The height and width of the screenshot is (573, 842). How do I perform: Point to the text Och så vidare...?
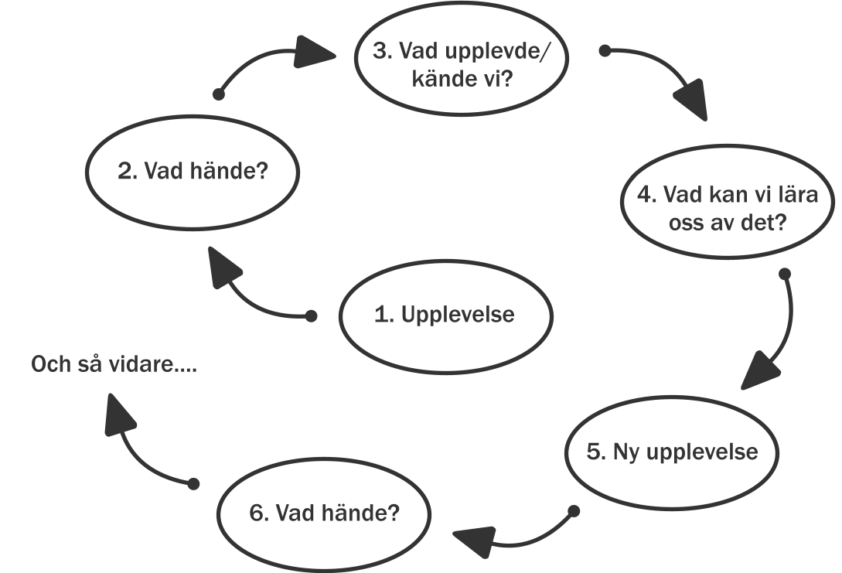[x=114, y=364]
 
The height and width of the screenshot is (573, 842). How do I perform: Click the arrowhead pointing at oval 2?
[x=222, y=267]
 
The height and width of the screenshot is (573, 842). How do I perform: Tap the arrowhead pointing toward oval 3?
[x=313, y=52]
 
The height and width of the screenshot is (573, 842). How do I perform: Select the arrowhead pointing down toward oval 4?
[x=692, y=101]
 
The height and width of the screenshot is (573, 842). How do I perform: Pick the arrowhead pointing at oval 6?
[x=476, y=541]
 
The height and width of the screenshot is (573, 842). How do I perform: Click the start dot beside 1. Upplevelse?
[x=311, y=315]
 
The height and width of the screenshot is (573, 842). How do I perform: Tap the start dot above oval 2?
[x=219, y=94]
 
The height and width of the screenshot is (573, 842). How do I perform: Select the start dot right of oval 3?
[x=605, y=51]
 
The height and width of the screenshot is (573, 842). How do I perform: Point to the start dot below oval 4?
[x=785, y=274]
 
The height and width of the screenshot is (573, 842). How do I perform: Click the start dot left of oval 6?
[x=194, y=484]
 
